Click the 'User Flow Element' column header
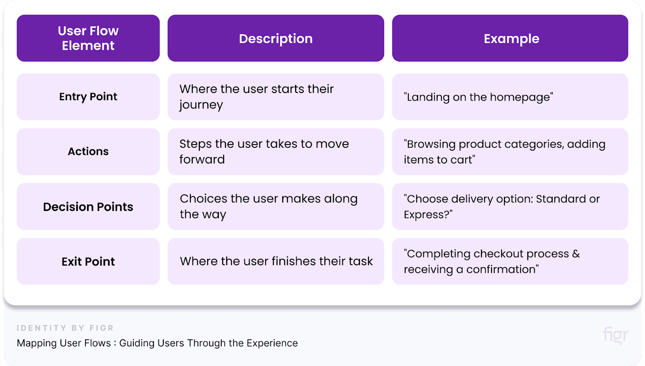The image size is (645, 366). [x=88, y=38]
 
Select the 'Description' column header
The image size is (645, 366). [x=276, y=39]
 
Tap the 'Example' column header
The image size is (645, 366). [x=511, y=39]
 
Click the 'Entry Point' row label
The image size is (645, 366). [x=88, y=97]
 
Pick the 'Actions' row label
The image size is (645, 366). [x=88, y=151]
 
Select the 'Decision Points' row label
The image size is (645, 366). [x=88, y=207]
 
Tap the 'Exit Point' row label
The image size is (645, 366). [x=88, y=261]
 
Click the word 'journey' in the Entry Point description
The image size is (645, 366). [x=201, y=105]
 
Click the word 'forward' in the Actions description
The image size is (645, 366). [x=202, y=159]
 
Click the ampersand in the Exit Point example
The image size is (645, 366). [x=576, y=254]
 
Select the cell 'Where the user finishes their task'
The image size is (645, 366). [x=276, y=261]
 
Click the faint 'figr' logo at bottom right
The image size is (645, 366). [x=615, y=335]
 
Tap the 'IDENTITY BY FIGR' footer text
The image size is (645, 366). [x=65, y=328]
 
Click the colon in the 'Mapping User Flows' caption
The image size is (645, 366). [x=115, y=343]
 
